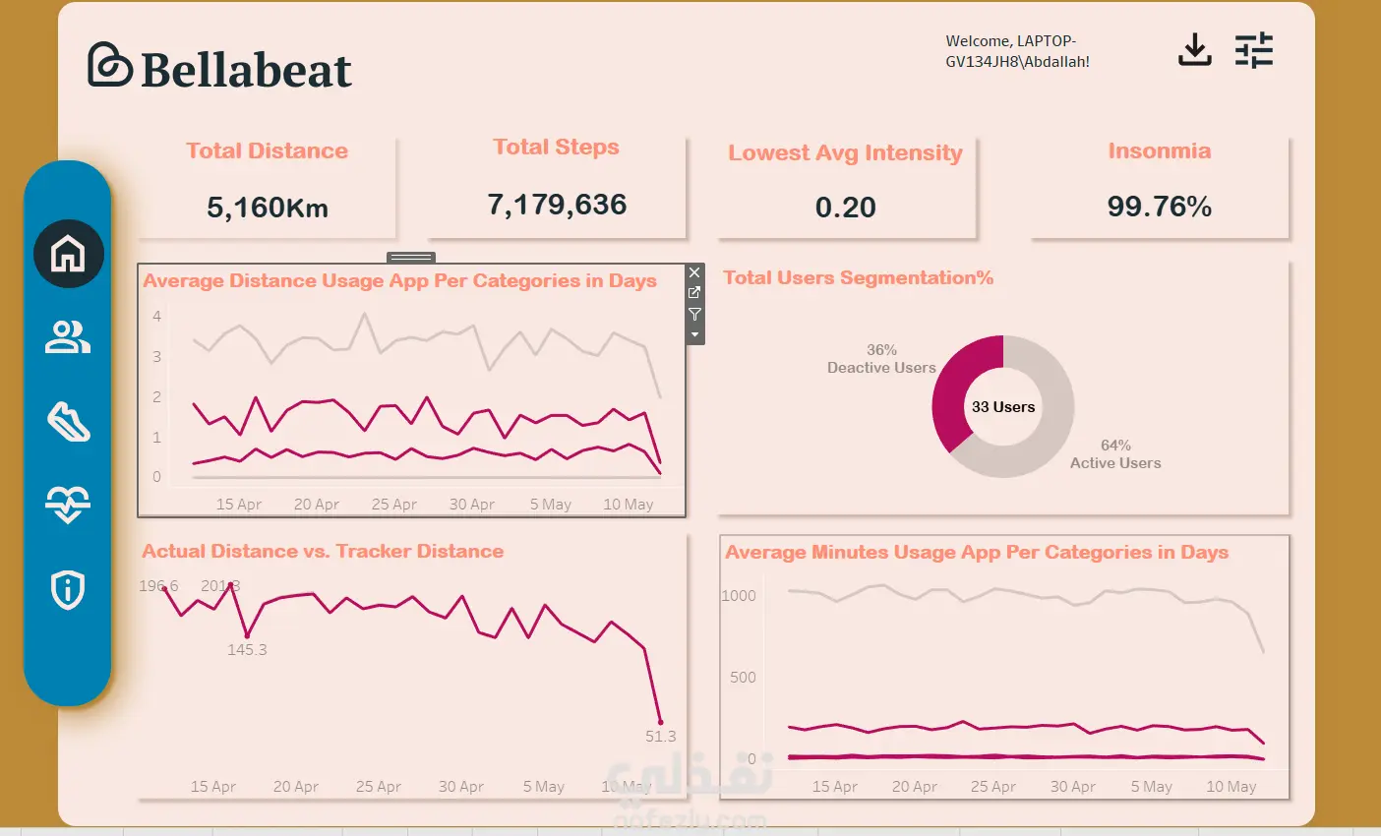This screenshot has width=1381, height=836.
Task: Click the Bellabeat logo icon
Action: click(x=109, y=65)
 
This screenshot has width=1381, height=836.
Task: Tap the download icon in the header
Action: click(x=1194, y=50)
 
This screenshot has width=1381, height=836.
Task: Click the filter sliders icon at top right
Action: click(x=1254, y=50)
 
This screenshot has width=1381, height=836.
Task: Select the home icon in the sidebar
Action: click(x=68, y=254)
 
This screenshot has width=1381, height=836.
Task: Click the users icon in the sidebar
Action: click(x=68, y=337)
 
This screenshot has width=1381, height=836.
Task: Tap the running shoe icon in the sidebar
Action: click(x=68, y=422)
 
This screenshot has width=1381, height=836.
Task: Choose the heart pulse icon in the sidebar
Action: click(x=68, y=505)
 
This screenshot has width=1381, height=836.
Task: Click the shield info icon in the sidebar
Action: click(x=68, y=589)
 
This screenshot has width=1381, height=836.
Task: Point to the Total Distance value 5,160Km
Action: click(x=268, y=208)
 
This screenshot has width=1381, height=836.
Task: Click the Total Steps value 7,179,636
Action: click(x=557, y=205)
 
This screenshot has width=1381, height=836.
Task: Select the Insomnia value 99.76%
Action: click(x=1159, y=207)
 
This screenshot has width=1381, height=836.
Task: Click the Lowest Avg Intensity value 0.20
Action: click(x=845, y=208)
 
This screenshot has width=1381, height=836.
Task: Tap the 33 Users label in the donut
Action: click(x=1003, y=407)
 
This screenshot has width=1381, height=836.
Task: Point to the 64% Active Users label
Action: click(x=1115, y=454)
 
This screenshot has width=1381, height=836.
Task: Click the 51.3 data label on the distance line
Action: click(x=660, y=737)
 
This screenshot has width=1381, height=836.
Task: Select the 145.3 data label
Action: click(x=247, y=650)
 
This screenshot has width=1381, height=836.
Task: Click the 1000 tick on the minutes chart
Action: click(x=739, y=596)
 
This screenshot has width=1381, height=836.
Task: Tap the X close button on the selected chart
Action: click(x=694, y=272)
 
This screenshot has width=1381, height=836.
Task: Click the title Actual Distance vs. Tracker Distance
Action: click(x=323, y=552)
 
